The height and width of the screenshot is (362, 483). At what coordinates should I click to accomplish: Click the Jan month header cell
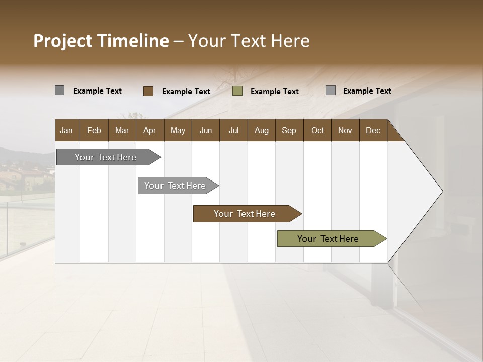[66, 130]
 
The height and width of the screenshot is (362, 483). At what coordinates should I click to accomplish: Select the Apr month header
[149, 130]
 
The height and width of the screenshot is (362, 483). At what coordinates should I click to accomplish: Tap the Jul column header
[233, 130]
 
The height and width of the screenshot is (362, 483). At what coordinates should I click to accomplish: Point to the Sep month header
[289, 130]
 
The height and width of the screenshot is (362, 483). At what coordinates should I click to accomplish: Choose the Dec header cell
[373, 130]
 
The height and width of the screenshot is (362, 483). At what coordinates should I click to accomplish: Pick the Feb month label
[94, 130]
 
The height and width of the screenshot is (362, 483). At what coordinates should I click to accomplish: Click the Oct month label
[317, 130]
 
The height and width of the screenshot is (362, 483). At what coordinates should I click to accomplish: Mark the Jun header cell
[206, 130]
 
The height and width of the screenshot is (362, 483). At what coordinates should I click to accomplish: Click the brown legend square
[148, 91]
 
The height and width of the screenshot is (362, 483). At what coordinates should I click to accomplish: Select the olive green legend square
[237, 91]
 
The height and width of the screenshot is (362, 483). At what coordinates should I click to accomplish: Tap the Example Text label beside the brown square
[186, 92]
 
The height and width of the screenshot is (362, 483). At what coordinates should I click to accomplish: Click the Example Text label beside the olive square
[275, 92]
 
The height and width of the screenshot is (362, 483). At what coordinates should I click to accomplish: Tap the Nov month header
[345, 130]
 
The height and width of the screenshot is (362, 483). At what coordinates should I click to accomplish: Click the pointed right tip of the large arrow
[441, 191]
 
